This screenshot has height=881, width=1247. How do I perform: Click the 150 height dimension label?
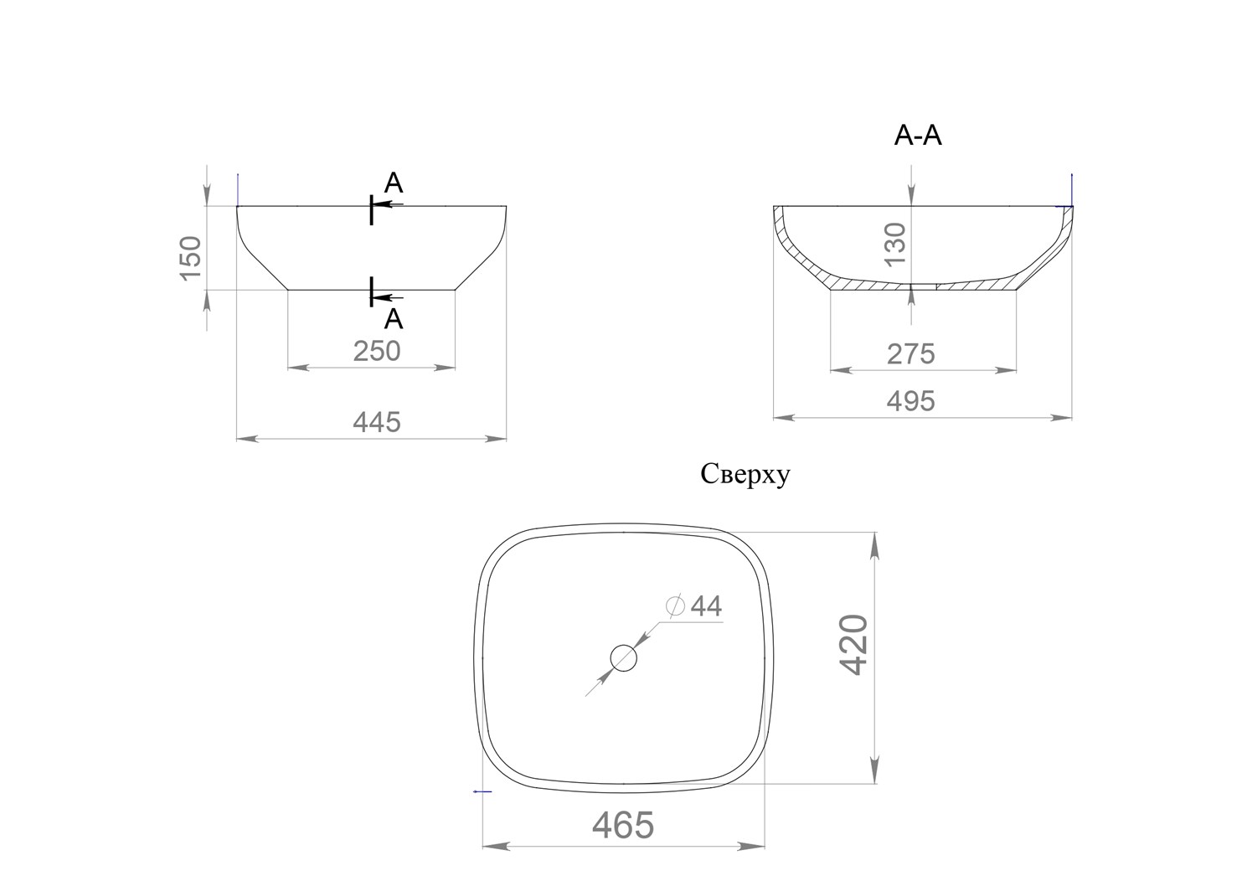(191, 258)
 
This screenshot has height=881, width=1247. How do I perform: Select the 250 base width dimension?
(377, 351)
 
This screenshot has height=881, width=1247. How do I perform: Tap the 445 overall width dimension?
(377, 422)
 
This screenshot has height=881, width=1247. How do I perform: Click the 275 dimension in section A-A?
(911, 354)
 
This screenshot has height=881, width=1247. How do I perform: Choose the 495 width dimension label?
(911, 401)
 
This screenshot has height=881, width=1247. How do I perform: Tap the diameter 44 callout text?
(694, 606)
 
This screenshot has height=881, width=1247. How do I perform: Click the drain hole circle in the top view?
(623, 658)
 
